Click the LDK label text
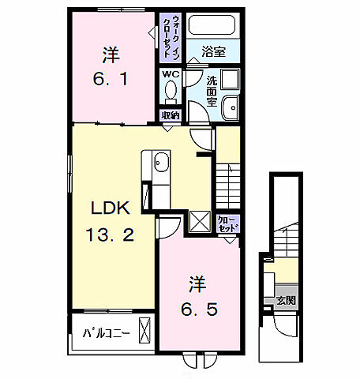111,208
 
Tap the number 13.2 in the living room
110,235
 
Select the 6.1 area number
111,78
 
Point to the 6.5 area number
199,310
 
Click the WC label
171,74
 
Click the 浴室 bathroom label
213,51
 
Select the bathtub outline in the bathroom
212,24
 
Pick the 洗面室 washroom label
212,91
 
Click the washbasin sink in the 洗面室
231,108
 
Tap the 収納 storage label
171,115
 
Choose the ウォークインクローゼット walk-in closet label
171,36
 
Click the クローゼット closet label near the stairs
228,224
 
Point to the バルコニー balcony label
107,333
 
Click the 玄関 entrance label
286,300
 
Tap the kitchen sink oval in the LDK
161,163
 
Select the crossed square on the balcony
144,330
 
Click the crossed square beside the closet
200,222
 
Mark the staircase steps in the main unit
228,186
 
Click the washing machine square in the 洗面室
230,79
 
